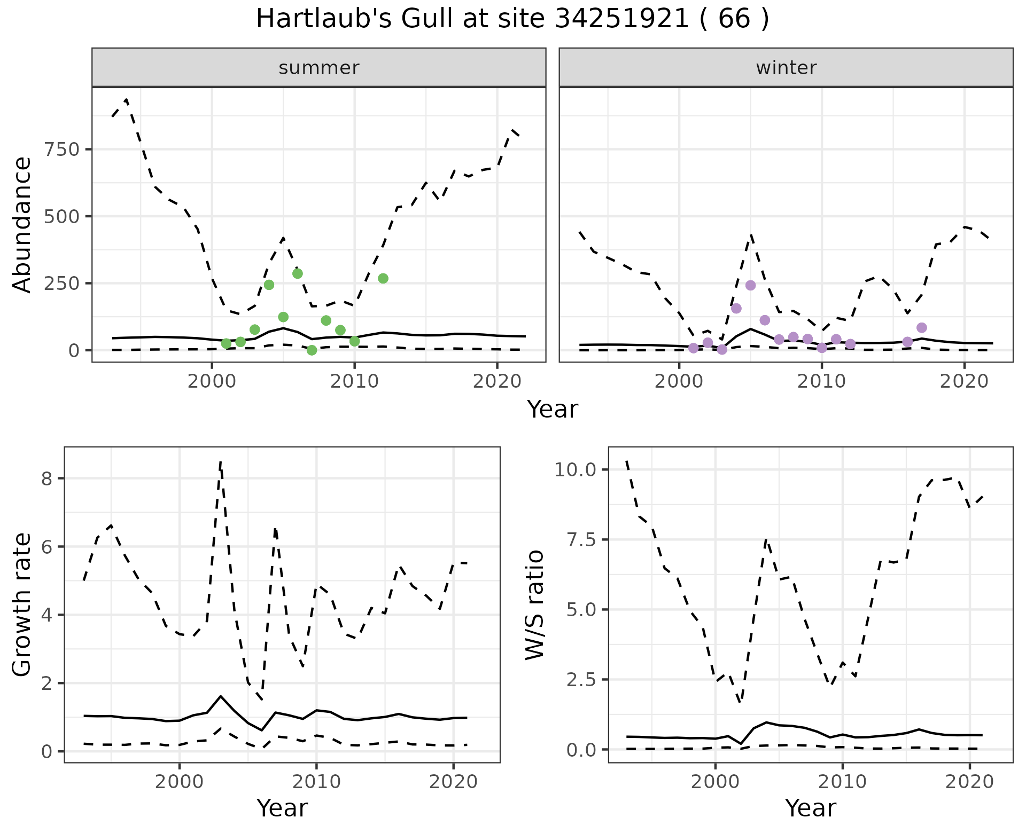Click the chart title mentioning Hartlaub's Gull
[512, 19]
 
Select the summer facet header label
[319, 68]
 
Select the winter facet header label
[786, 68]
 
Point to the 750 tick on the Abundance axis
[62, 149]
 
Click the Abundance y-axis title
[22, 224]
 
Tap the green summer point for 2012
[383, 278]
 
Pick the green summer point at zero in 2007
[312, 350]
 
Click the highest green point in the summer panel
[298, 273]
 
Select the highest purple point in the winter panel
[751, 285]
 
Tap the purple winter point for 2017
[922, 327]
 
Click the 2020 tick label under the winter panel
[964, 382]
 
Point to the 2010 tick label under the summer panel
[354, 382]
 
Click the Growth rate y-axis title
[22, 605]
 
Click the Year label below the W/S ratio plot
[810, 808]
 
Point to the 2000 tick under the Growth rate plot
[180, 782]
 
